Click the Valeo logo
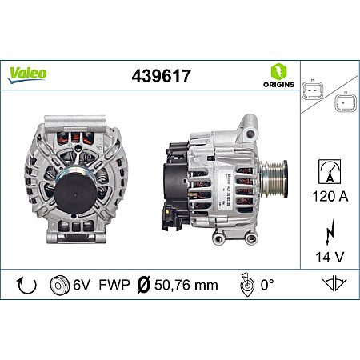[27, 73]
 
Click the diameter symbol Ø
[145, 284]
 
